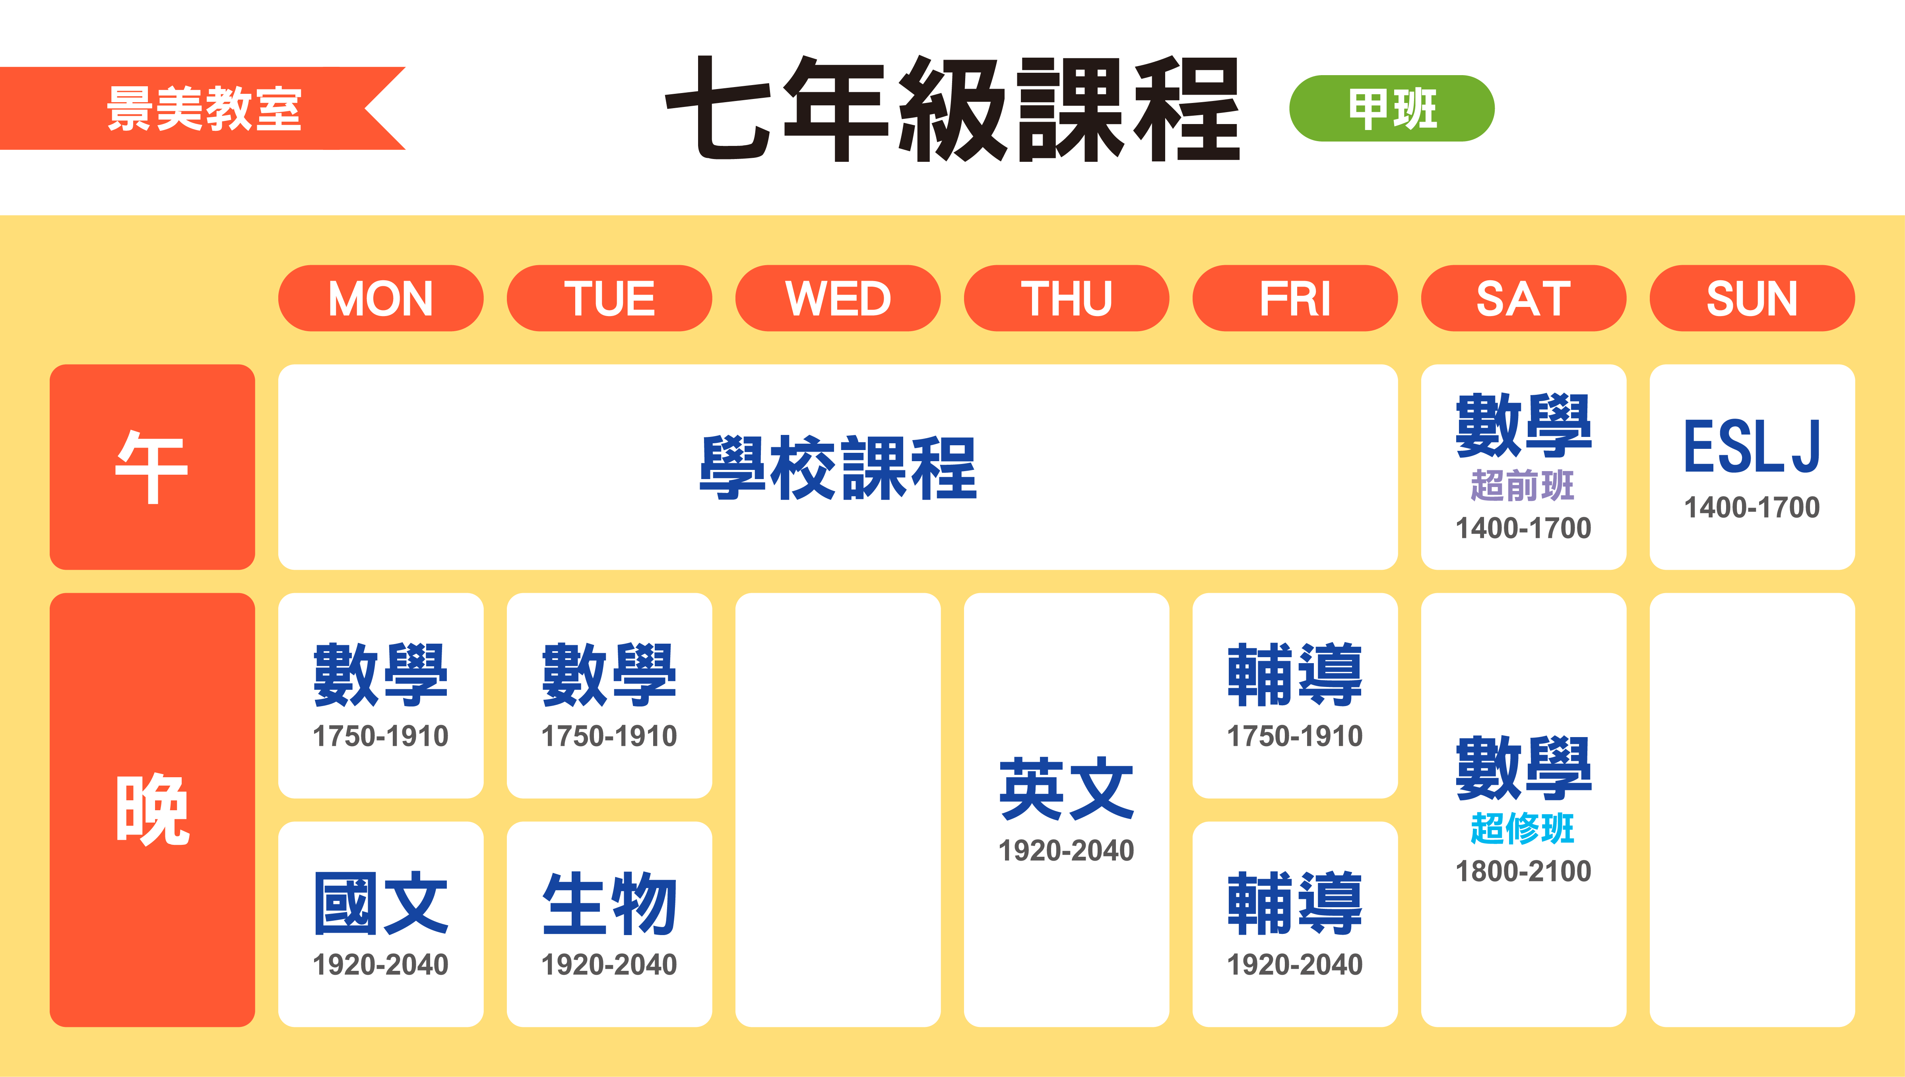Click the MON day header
[381, 298]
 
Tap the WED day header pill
[838, 298]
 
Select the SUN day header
[1752, 298]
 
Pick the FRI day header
[1295, 298]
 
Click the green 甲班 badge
[1392, 108]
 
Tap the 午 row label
[152, 467]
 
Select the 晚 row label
[152, 809]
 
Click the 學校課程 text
[838, 467]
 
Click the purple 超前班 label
[1523, 485]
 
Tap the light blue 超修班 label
[1523, 829]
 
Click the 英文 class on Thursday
[1066, 788]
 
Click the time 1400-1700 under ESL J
[1752, 507]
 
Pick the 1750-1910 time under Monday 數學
[381, 736]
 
